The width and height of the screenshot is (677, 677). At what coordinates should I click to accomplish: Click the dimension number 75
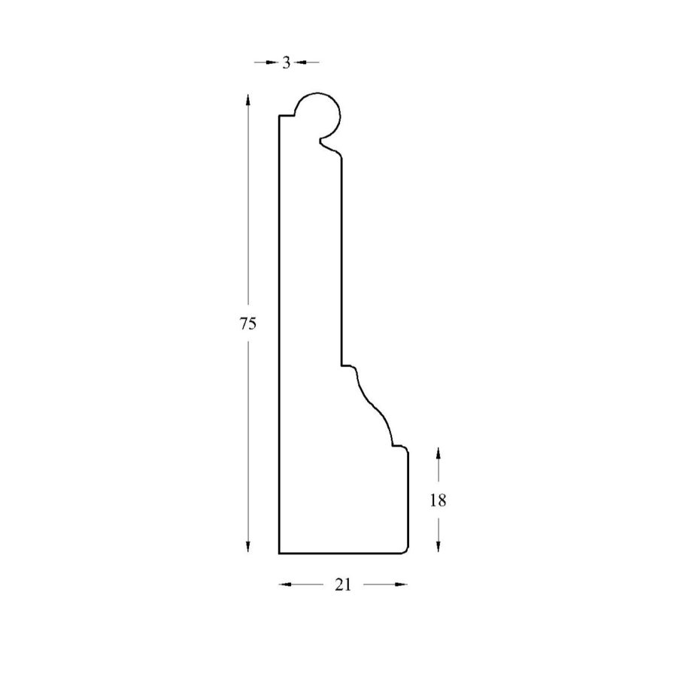(248, 323)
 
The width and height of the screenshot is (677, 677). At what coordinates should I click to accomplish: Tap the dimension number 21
(343, 584)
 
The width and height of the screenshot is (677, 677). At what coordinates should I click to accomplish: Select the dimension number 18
(438, 500)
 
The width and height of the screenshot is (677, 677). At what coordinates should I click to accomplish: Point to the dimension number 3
(287, 63)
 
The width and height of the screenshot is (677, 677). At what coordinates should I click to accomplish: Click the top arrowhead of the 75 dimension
(247, 99)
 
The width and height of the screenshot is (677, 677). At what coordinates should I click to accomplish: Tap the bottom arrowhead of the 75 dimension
(247, 547)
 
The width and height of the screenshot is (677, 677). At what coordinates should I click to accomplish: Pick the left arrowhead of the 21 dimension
(285, 584)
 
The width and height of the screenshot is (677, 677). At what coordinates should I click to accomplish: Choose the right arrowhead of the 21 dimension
(402, 584)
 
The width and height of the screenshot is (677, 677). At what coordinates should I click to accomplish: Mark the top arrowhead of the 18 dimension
(439, 453)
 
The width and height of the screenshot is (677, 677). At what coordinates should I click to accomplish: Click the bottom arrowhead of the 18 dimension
(439, 547)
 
